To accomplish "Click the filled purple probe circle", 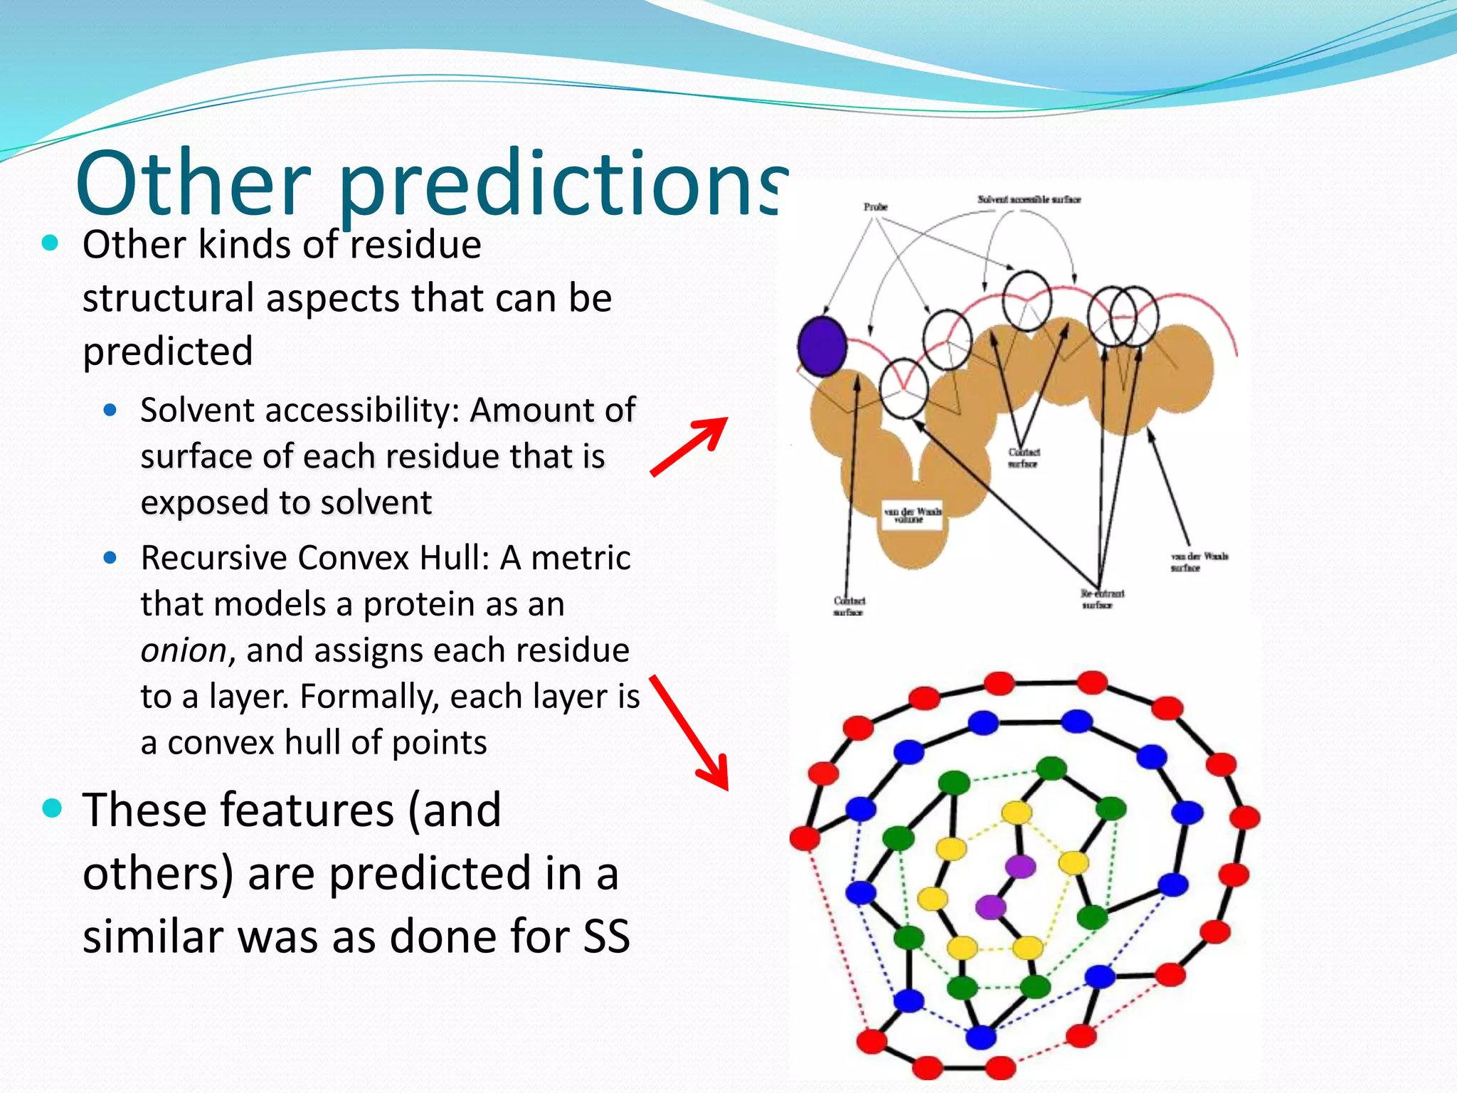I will point(822,346).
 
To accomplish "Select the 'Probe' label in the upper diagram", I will point(876,206).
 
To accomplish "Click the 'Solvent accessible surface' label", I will point(1029,199).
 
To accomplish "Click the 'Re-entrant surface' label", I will point(1102,598).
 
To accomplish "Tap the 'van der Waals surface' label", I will point(1199,561).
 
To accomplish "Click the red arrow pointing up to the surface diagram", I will point(689,446).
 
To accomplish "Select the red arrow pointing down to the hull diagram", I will point(690,733).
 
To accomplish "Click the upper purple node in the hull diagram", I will point(1020,866).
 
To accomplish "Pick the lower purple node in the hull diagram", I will point(990,907).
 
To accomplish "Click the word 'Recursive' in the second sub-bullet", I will point(215,558).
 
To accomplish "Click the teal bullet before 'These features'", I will point(52,809).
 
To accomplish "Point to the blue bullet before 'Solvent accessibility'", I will point(110,410).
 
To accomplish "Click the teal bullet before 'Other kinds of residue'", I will point(50,243).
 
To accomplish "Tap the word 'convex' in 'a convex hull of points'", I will point(222,743).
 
